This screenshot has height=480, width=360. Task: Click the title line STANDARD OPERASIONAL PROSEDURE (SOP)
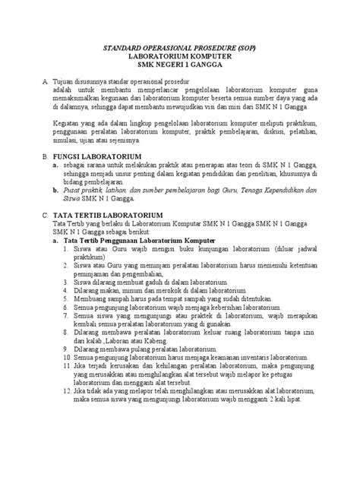click(180, 48)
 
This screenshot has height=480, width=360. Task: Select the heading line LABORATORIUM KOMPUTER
click(180, 56)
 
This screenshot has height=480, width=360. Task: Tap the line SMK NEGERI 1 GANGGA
click(180, 65)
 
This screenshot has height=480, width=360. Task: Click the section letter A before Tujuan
click(45, 80)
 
